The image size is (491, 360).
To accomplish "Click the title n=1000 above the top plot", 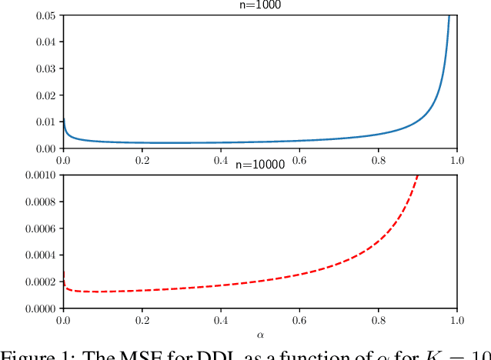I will (x=259, y=5).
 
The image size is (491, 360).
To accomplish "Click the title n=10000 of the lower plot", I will (x=259, y=165).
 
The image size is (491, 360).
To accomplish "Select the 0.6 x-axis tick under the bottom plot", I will (x=299, y=319).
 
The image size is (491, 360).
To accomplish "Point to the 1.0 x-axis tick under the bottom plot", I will (x=456, y=319).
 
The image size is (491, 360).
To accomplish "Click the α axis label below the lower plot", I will (x=259, y=335).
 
